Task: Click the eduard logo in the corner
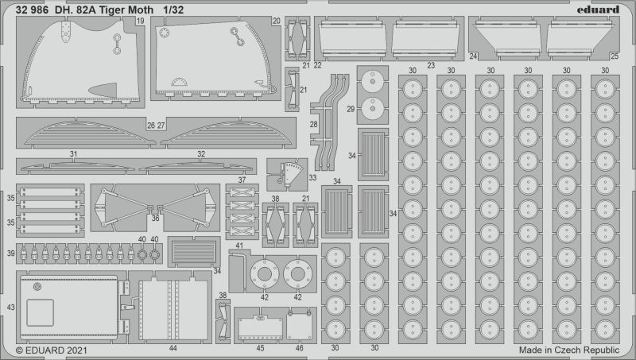pyautogui.click(x=599, y=10)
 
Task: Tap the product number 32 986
pyautogui.click(x=33, y=10)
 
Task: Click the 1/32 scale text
pyautogui.click(x=173, y=10)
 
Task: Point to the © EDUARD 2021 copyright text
pyautogui.click(x=52, y=350)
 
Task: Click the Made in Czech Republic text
pyautogui.click(x=569, y=350)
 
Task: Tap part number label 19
pyautogui.click(x=141, y=21)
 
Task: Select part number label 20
pyautogui.click(x=277, y=21)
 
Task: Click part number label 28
pyautogui.click(x=313, y=125)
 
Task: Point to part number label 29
pyautogui.click(x=351, y=109)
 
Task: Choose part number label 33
pyautogui.click(x=312, y=177)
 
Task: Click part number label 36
pyautogui.click(x=155, y=218)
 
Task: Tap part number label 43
pyautogui.click(x=11, y=308)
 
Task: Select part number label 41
pyautogui.click(x=239, y=246)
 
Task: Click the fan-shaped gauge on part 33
pyautogui.click(x=293, y=173)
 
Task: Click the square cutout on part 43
pyautogui.click(x=41, y=312)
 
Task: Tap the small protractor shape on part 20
pyautogui.click(x=180, y=82)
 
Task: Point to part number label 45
pyautogui.click(x=261, y=348)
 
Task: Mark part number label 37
pyautogui.click(x=242, y=180)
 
